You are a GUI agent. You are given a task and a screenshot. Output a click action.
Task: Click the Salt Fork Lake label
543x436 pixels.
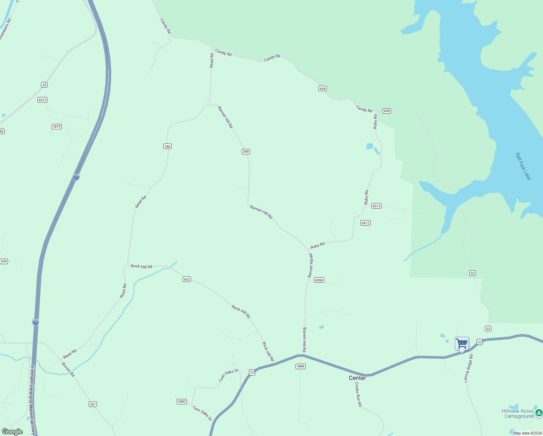point(523,166)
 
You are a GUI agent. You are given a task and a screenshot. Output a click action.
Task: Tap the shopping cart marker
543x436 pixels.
point(462,343)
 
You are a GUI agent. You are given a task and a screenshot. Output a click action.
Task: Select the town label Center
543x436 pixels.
point(357,378)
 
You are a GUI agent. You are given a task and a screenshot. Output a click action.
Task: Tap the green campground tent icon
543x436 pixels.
point(539,413)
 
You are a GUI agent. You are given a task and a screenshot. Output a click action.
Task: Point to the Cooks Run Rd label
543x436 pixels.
point(358,394)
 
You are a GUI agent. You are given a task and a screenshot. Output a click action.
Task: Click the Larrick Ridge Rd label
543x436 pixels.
point(469,368)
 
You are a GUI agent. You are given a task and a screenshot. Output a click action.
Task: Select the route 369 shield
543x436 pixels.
point(246,152)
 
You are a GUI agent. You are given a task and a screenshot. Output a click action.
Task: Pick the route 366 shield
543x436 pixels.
point(167,146)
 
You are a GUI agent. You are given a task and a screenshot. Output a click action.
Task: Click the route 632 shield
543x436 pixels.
point(187,279)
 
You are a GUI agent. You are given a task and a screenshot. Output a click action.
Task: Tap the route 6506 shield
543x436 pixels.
point(319,280)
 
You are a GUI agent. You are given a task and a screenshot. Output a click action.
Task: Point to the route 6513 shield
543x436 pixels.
point(376,206)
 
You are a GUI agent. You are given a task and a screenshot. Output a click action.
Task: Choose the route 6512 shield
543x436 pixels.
point(365,223)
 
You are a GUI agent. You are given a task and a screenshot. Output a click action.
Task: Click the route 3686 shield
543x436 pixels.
point(300,366)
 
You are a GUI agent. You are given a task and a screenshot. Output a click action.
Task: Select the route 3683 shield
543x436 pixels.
point(181,401)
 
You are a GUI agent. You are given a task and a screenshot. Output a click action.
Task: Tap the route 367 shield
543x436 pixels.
point(93,404)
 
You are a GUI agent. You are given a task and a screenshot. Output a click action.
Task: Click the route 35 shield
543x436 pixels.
point(44,85)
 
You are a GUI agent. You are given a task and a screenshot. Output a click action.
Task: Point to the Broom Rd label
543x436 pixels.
point(68,370)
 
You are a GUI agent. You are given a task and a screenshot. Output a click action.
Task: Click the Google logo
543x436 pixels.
point(12,432)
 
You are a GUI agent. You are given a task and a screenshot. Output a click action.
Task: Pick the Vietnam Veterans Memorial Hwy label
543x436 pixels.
point(32,400)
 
